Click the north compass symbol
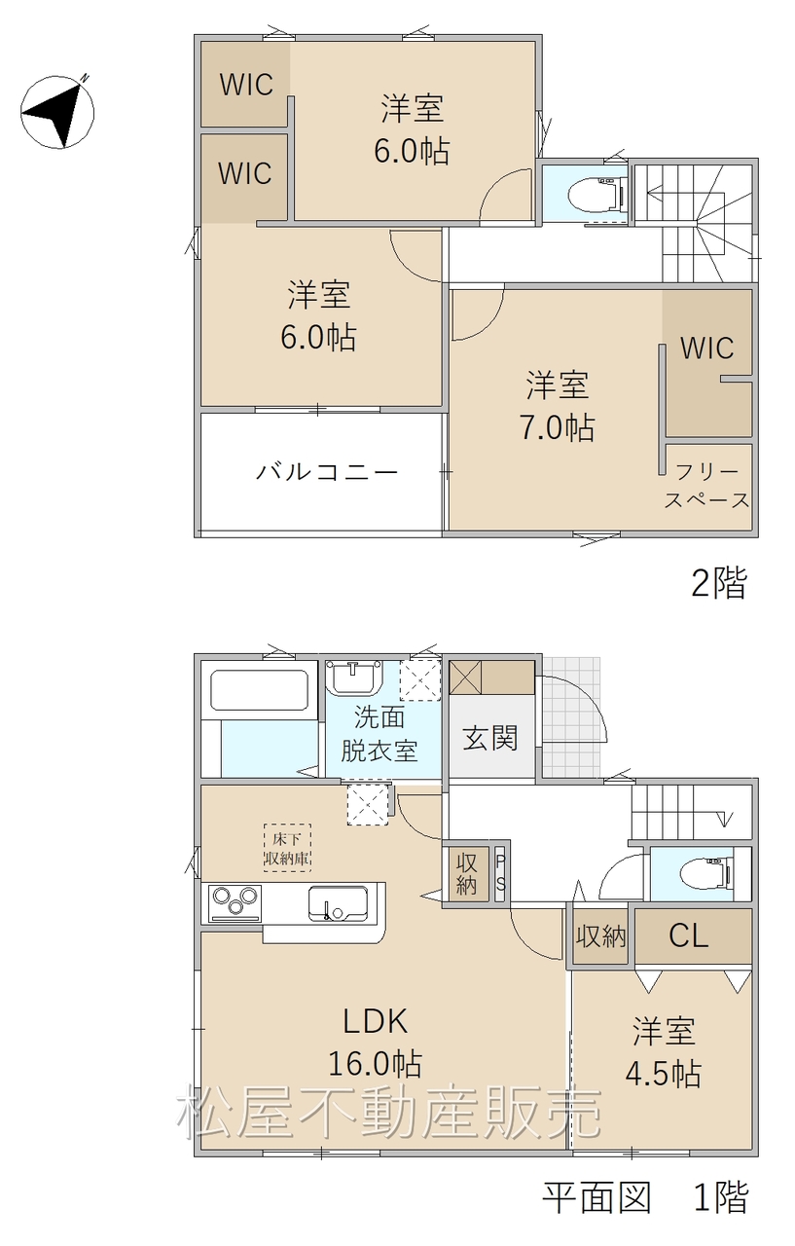tap(57, 111)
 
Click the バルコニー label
tap(327, 472)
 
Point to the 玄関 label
tap(489, 738)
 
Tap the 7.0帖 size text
tap(558, 427)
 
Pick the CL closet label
tap(688, 935)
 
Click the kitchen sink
tap(338, 903)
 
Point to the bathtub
tap(259, 690)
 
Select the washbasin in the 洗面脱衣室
tap(354, 677)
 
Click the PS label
tap(500, 876)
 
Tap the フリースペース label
tap(707, 486)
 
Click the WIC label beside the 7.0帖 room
tap(706, 348)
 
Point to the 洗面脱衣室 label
tap(379, 735)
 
